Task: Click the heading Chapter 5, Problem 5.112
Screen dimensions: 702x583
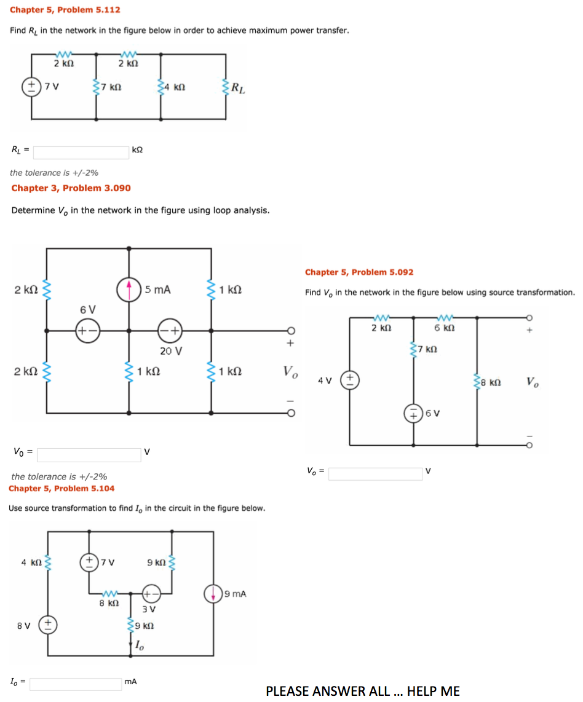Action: tap(65, 10)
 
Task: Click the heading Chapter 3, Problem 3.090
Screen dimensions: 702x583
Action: tap(71, 188)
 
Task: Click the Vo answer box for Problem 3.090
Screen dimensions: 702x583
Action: tap(89, 455)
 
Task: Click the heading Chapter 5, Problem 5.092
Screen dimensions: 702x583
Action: tap(359, 272)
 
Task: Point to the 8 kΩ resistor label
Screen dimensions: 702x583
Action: tap(493, 382)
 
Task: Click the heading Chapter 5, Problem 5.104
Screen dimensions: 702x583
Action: tap(61, 488)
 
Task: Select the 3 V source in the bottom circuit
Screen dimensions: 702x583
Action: tap(151, 594)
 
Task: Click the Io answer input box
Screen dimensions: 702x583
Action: tap(76, 684)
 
